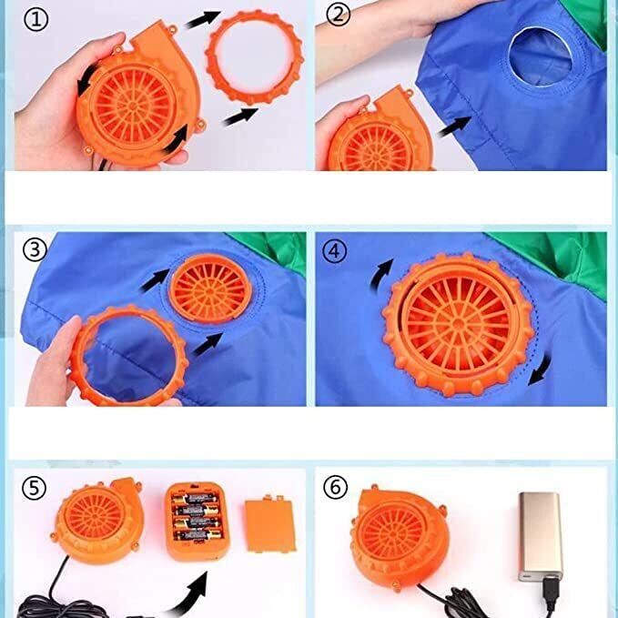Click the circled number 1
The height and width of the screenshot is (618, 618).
pos(35,20)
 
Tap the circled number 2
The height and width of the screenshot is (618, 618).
pos(339,15)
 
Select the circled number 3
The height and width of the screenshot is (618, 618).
pos(35,249)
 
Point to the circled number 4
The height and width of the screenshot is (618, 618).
pos(335,251)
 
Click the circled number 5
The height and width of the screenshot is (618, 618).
pos(34,488)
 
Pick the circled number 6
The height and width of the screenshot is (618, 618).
pos(336,488)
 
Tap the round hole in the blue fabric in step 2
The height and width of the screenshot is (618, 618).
pos(540,56)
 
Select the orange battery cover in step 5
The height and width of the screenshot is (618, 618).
pos(270,524)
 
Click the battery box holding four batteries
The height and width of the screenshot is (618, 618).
pos(197,521)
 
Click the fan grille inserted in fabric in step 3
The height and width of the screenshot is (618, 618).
pos(210,289)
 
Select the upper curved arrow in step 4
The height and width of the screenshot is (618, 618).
pos(380,274)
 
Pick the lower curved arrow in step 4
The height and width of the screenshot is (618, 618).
pos(541,370)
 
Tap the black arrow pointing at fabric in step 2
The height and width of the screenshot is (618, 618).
pos(454,127)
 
